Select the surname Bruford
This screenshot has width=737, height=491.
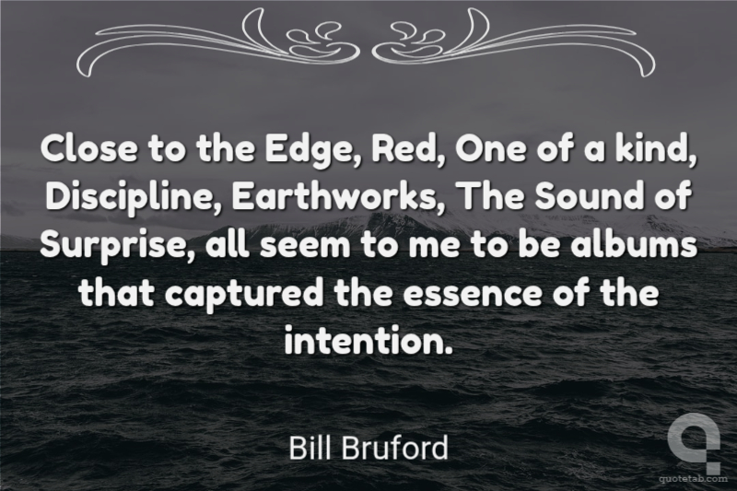click(394, 448)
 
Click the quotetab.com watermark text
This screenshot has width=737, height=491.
click(693, 479)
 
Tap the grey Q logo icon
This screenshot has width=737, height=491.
click(694, 448)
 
